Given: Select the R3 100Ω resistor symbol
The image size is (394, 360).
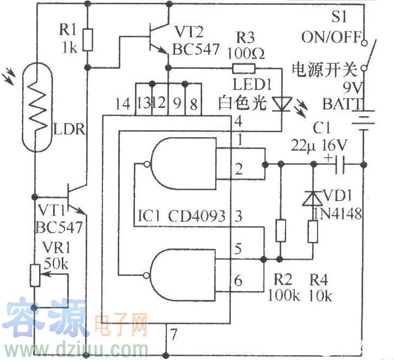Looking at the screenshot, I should pyautogui.click(x=243, y=68).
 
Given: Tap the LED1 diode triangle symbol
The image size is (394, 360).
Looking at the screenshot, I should pyautogui.click(x=281, y=102).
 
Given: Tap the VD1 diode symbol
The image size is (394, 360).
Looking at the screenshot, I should pyautogui.click(x=313, y=198).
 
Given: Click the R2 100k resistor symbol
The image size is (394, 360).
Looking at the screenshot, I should pyautogui.click(x=280, y=230).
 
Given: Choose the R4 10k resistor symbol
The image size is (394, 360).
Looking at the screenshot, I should pyautogui.click(x=313, y=233).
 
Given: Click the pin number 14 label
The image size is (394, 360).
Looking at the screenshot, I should pyautogui.click(x=123, y=104).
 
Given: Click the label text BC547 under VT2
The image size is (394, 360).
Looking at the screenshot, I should pyautogui.click(x=196, y=49).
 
